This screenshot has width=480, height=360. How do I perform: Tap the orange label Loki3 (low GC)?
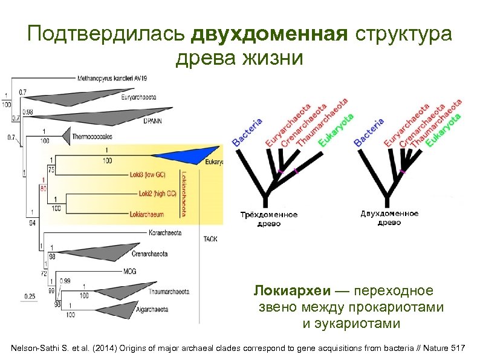pyautogui.click(x=149, y=175)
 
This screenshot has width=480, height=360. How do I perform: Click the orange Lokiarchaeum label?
pyautogui.click(x=148, y=214)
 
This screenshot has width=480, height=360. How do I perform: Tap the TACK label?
pyautogui.click(x=210, y=239)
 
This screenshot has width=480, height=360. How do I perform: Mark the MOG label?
pyautogui.click(x=130, y=271)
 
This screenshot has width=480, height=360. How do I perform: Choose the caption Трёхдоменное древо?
pyautogui.click(x=269, y=218)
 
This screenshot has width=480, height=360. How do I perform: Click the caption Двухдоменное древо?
pyautogui.click(x=389, y=218)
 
